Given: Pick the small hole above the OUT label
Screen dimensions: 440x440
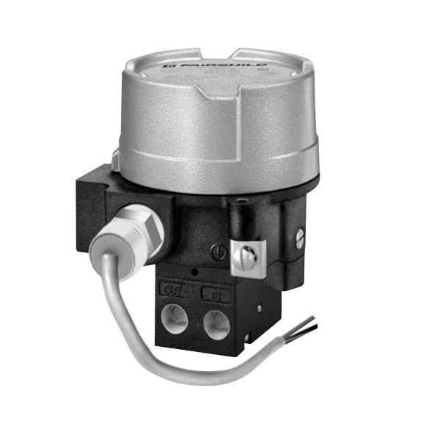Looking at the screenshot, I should click(x=192, y=274).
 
